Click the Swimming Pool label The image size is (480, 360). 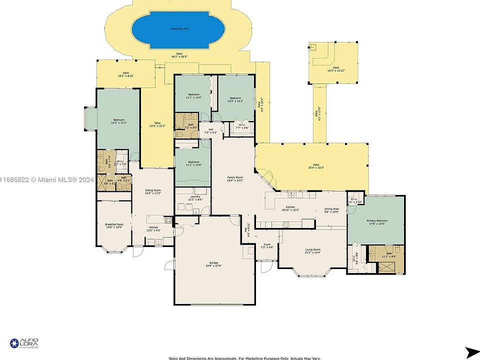click(x=179, y=29)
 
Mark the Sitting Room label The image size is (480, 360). click(x=153, y=191)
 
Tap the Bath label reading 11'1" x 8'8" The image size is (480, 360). click(x=388, y=255)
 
